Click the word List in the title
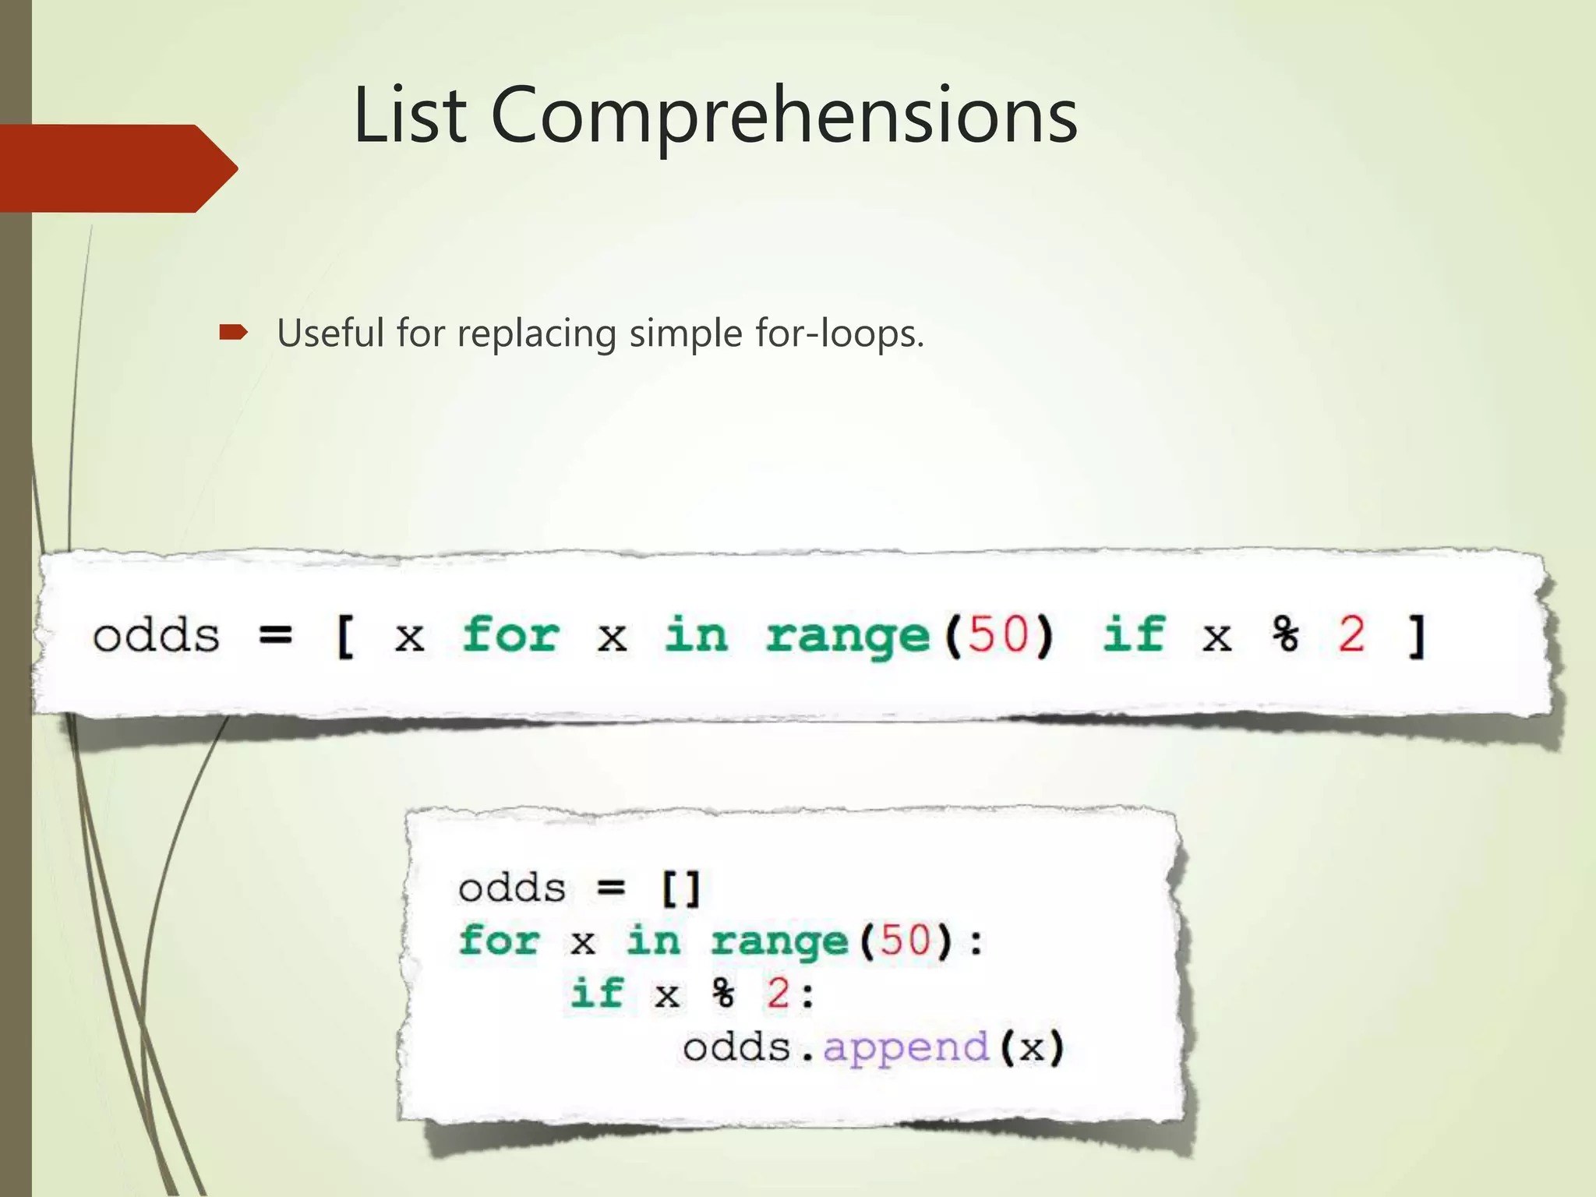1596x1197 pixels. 410,115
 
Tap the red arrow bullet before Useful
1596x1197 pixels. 233,334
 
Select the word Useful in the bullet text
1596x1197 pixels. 331,334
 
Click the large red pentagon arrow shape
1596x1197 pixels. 117,168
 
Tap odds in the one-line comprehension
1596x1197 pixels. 156,636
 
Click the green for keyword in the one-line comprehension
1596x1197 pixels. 510,634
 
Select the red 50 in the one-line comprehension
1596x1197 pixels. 998,634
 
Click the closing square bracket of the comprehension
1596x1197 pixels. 1418,636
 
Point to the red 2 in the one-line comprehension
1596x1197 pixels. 1352,634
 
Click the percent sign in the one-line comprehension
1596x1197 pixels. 1286,634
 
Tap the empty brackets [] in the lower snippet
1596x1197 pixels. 680,888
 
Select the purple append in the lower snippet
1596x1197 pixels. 906,1047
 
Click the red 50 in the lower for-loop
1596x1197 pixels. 905,940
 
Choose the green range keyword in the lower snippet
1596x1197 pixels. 779,941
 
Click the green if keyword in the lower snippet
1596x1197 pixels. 597,993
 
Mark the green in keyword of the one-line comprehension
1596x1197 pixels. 696,634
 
